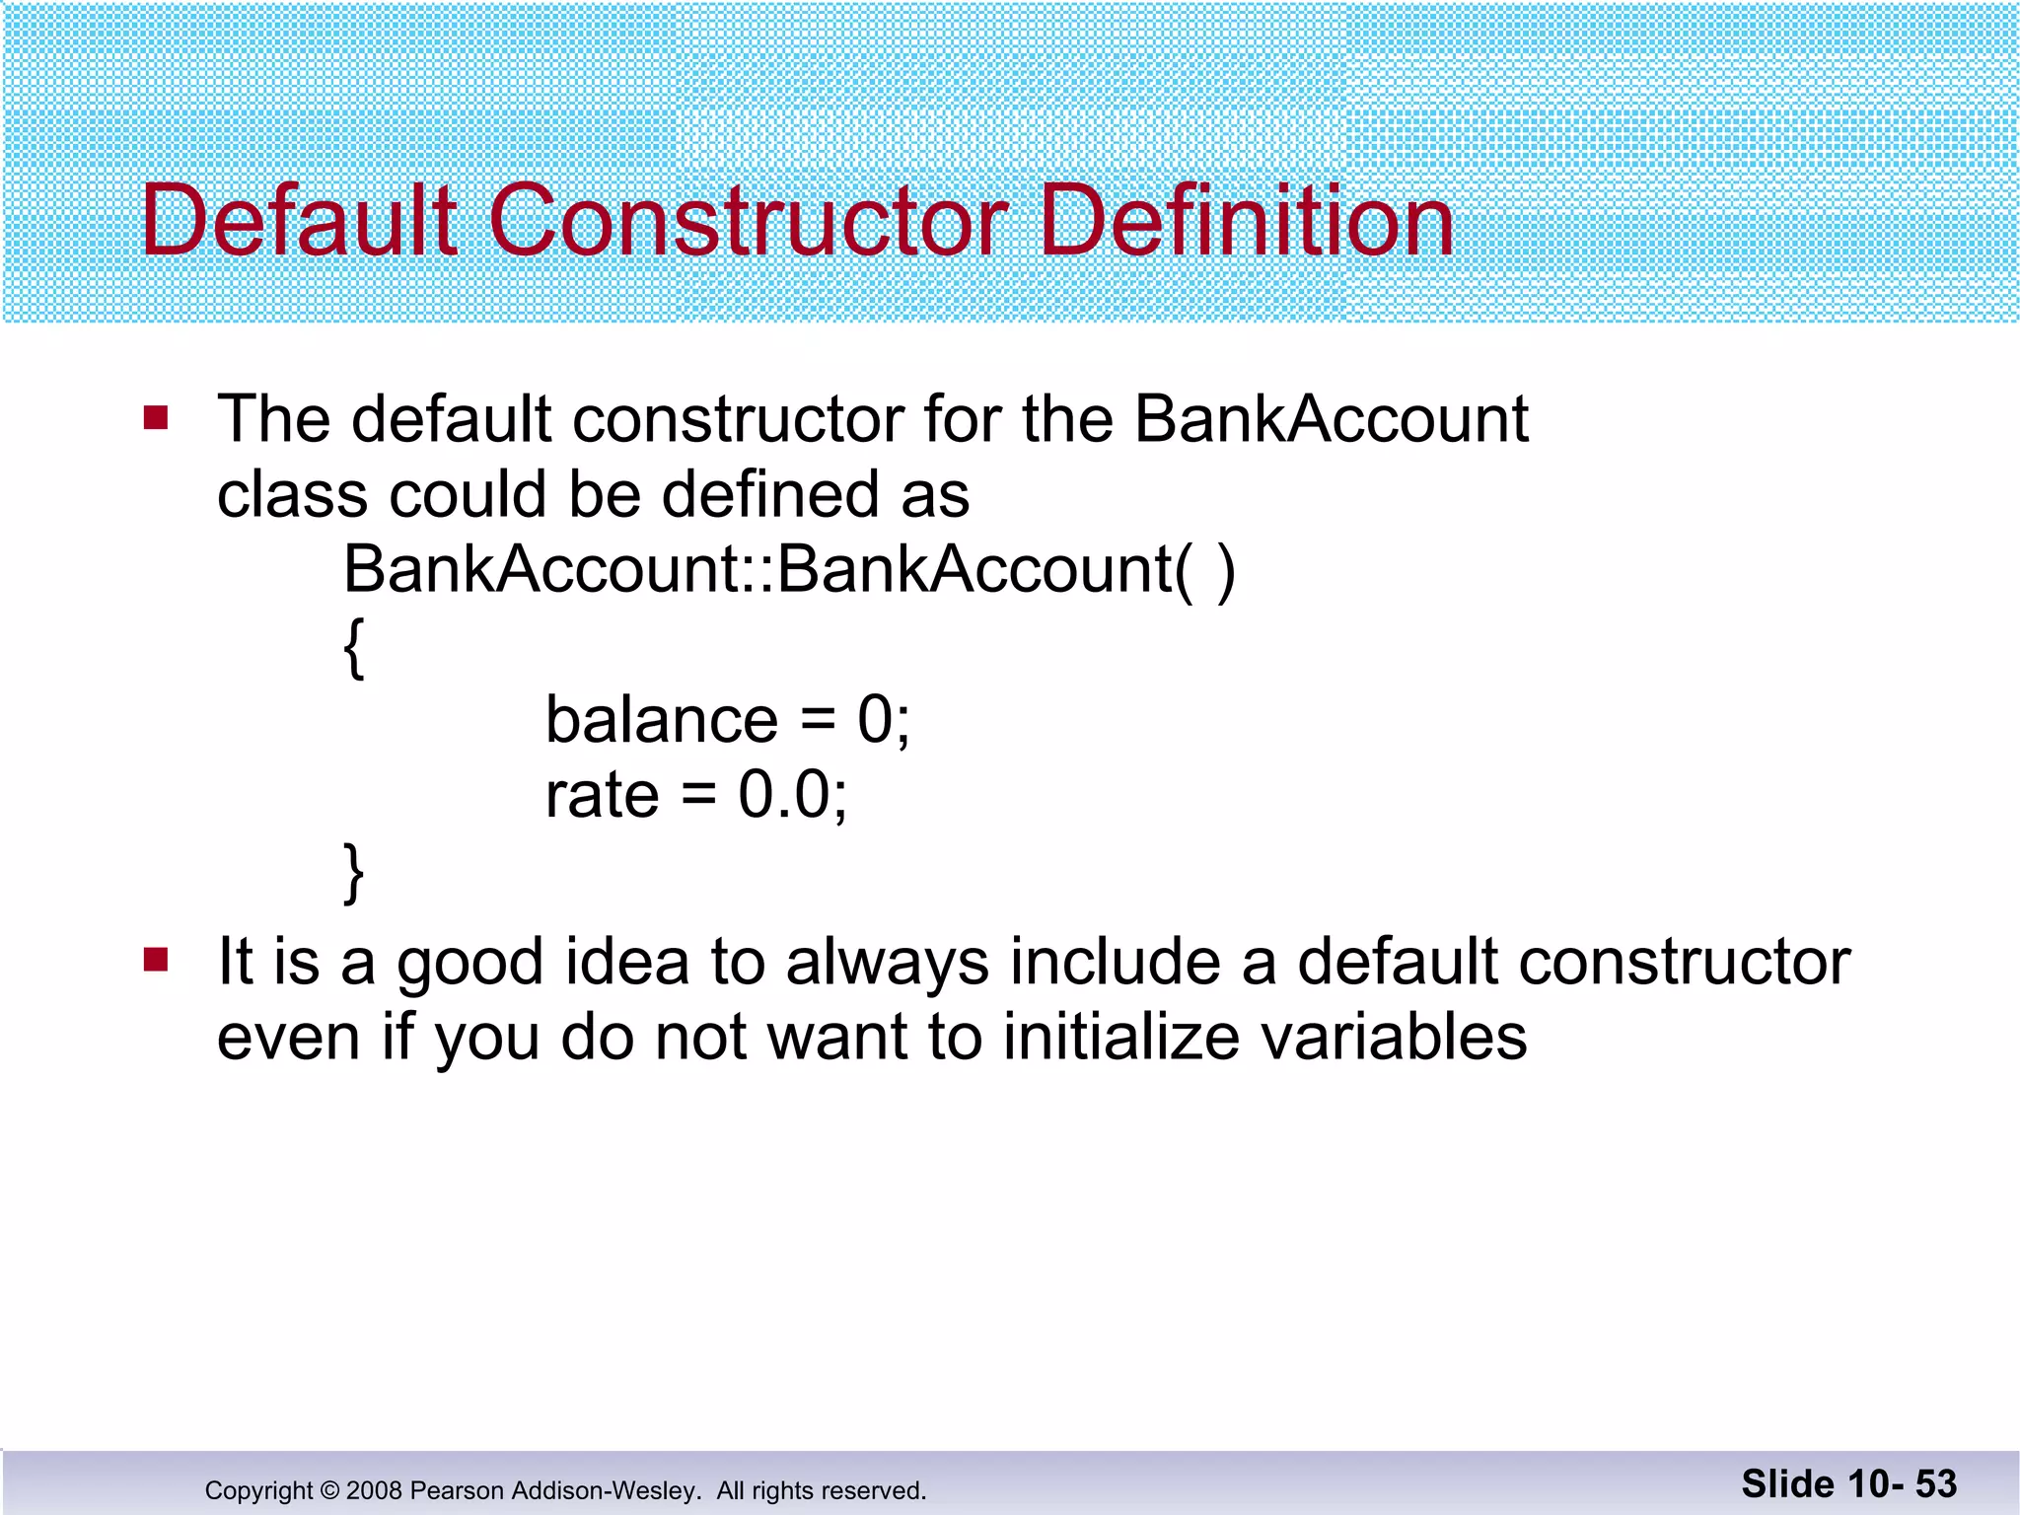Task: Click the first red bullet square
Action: coord(156,417)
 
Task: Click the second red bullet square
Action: coord(156,959)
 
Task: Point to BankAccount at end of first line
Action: coord(1331,419)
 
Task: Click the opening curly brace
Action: coord(354,647)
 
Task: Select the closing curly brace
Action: coord(354,872)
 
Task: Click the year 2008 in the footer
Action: coord(374,1490)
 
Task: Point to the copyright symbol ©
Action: coord(329,1490)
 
